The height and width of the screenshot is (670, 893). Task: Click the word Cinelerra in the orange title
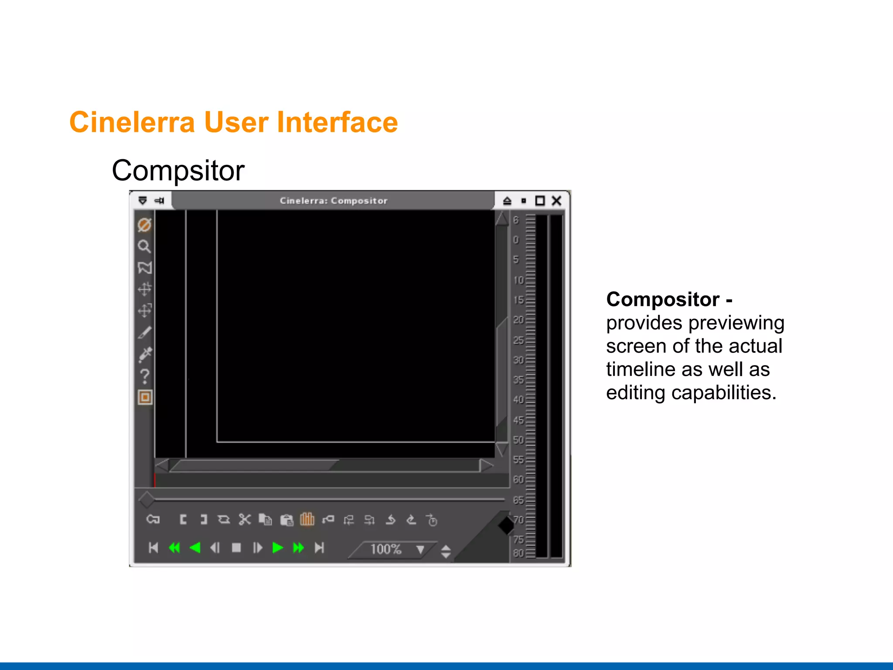click(132, 122)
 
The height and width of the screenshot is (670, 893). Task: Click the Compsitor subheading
click(178, 171)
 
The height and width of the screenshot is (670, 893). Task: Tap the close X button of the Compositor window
click(556, 201)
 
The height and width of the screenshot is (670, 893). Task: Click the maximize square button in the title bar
click(540, 201)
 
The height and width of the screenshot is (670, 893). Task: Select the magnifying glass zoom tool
click(144, 246)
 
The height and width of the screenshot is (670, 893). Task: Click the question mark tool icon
click(145, 376)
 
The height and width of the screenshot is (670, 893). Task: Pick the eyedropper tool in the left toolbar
click(145, 354)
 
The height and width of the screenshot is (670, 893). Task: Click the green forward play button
click(277, 548)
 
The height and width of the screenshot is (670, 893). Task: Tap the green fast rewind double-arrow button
click(174, 548)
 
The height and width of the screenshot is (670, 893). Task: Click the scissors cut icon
click(245, 520)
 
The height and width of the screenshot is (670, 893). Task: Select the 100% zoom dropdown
click(392, 549)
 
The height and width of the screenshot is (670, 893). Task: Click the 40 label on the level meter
click(518, 400)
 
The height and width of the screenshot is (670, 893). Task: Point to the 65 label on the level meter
click(518, 500)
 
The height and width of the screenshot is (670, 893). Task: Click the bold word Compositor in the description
click(663, 300)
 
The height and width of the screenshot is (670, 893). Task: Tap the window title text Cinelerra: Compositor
click(334, 201)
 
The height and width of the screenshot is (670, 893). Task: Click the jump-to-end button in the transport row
click(320, 548)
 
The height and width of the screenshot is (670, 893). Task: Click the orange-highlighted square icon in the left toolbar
click(145, 397)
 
